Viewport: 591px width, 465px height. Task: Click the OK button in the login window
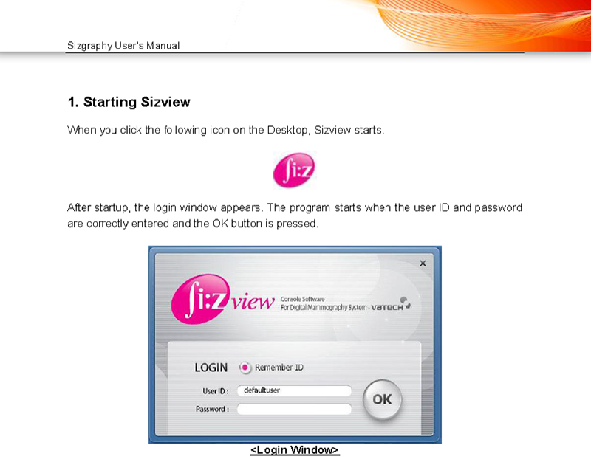[x=382, y=399]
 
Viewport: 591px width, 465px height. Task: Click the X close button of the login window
[x=423, y=263]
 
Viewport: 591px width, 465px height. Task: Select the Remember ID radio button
[x=245, y=368]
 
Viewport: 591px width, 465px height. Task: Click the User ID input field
[x=294, y=390]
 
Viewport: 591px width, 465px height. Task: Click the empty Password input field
[x=294, y=410]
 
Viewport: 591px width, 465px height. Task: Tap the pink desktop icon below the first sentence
[x=294, y=170]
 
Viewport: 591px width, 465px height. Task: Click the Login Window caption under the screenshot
[x=295, y=450]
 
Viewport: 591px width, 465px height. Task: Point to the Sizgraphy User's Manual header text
[x=123, y=46]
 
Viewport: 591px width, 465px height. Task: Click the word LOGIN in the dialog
[x=211, y=368]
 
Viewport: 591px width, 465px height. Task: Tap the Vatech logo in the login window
[x=391, y=305]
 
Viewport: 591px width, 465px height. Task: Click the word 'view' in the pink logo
[x=253, y=302]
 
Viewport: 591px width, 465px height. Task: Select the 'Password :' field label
[x=212, y=409]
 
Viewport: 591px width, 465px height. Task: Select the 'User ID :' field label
[x=216, y=391]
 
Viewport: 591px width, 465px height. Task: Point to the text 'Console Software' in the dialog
[x=303, y=299]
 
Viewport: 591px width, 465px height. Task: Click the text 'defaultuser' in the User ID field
[x=262, y=390]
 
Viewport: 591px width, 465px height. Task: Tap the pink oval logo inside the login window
[x=199, y=299]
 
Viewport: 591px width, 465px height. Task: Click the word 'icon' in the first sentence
[x=219, y=131]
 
